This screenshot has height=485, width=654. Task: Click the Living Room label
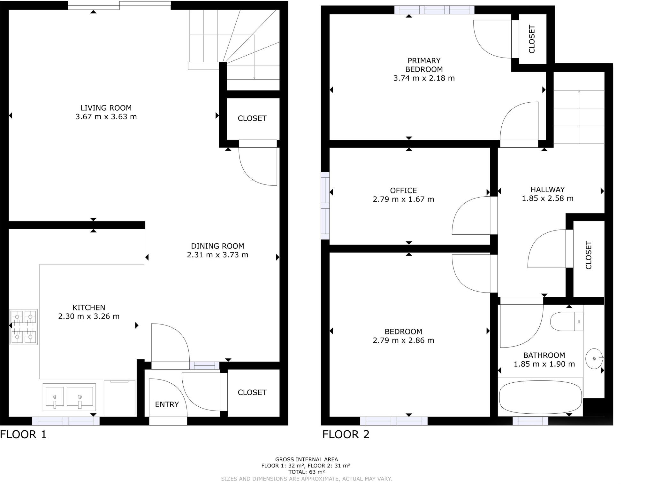click(x=106, y=108)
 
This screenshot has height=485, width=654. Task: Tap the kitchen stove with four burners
click(x=23, y=327)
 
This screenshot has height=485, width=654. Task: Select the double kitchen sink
click(x=69, y=397)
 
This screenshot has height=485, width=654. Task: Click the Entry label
click(x=167, y=404)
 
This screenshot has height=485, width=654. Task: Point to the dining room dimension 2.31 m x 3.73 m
click(x=217, y=255)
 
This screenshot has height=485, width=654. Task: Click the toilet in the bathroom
click(x=566, y=321)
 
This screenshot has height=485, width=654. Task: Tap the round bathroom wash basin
click(x=594, y=359)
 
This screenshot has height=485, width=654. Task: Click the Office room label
click(x=403, y=191)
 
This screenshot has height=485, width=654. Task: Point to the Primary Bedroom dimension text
click(x=424, y=78)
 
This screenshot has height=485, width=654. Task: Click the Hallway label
click(x=547, y=190)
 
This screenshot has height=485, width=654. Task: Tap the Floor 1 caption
click(x=23, y=434)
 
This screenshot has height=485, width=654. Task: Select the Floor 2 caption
click(x=346, y=434)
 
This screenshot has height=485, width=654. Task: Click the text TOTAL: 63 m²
click(x=306, y=472)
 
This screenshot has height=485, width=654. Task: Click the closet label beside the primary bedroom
click(x=532, y=39)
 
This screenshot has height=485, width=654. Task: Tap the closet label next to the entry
click(x=252, y=393)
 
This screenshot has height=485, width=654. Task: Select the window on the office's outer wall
click(x=325, y=206)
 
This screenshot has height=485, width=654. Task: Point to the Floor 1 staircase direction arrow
click(x=254, y=58)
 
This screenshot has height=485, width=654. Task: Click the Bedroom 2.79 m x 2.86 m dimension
click(x=403, y=340)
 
